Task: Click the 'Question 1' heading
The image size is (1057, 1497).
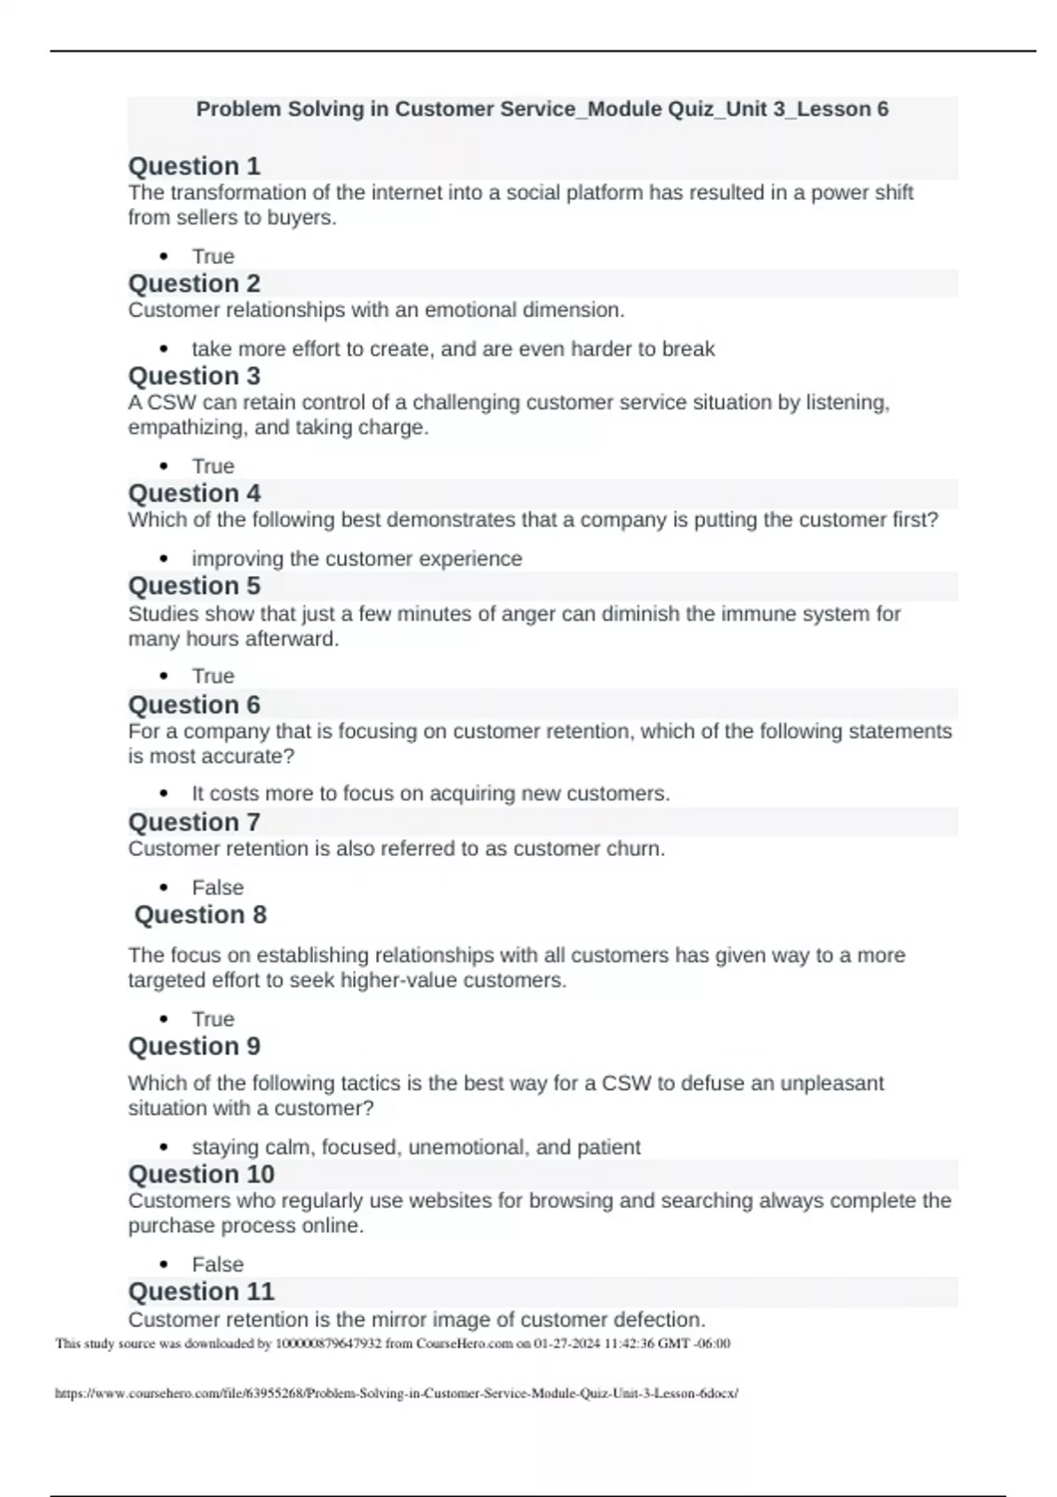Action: [x=194, y=166]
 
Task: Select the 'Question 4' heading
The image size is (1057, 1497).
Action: [x=194, y=493]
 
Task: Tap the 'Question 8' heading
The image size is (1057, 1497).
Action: [x=200, y=915]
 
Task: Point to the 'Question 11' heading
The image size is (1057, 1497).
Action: [x=201, y=1292]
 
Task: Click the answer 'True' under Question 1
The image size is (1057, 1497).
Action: [x=213, y=256]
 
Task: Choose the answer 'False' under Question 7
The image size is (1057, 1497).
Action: [x=218, y=888]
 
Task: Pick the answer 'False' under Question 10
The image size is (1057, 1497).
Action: [x=218, y=1265]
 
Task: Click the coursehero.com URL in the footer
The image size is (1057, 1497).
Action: [x=396, y=1393]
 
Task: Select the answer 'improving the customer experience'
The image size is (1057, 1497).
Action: [x=357, y=559]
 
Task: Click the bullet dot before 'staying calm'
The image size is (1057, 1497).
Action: [x=164, y=1147]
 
